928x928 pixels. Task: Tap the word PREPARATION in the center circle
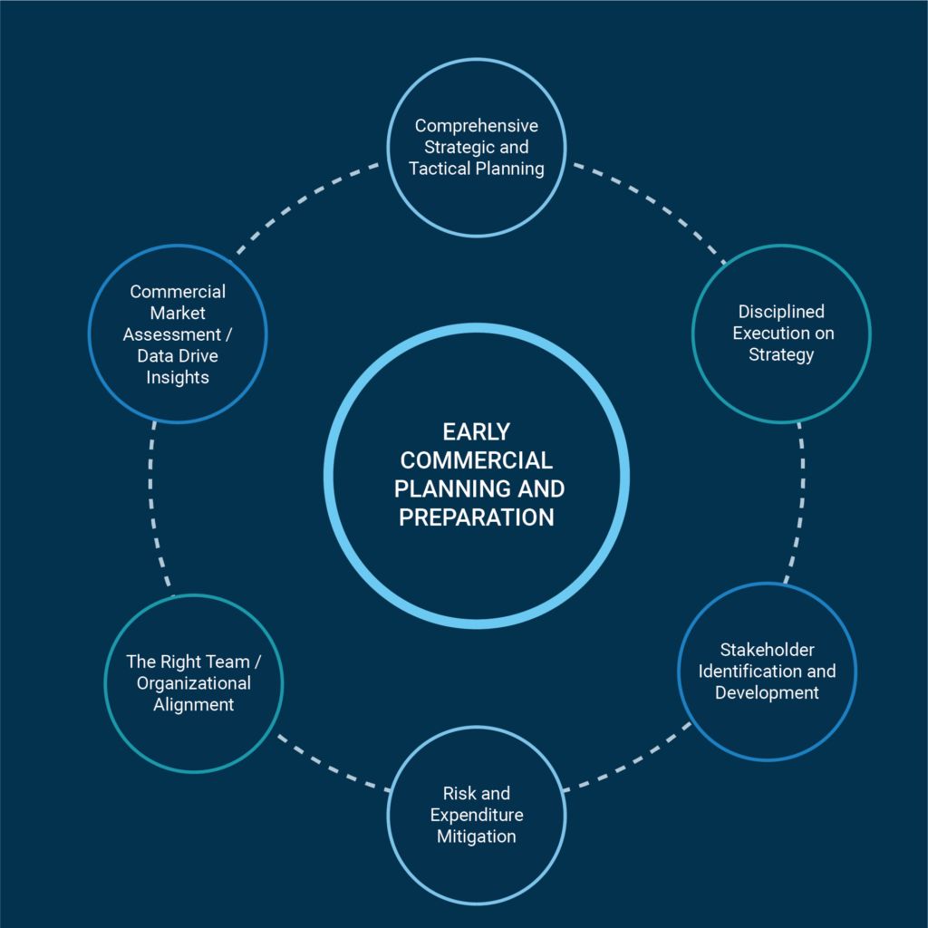point(476,517)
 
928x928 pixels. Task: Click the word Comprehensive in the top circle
point(476,125)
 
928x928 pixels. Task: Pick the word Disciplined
point(780,311)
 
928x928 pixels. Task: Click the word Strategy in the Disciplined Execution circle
point(780,354)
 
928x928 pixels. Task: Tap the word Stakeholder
point(767,649)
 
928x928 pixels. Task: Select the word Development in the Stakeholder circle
point(767,692)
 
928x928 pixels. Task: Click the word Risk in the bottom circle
point(459,793)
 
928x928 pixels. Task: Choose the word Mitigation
point(476,836)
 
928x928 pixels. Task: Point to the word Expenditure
point(476,815)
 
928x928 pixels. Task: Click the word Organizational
point(193,682)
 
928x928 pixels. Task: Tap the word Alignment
point(193,704)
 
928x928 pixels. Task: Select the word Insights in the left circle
point(177,377)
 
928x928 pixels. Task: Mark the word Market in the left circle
point(177,313)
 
